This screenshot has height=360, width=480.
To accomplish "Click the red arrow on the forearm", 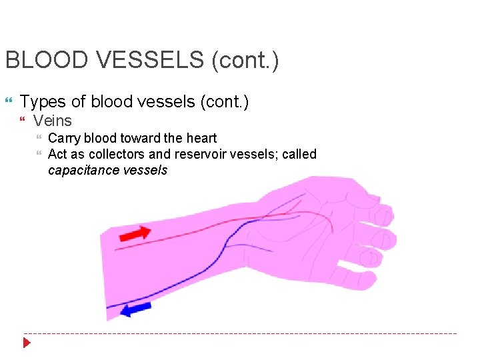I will click(x=135, y=233).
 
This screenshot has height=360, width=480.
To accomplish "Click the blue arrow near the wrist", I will click(x=137, y=309).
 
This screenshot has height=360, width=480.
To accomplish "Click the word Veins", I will click(x=52, y=121).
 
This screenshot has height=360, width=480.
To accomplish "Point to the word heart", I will click(x=201, y=139).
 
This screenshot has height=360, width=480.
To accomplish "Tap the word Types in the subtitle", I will click(x=43, y=101).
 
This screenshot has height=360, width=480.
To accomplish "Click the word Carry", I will click(x=63, y=139).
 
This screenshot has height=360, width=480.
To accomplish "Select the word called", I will click(x=299, y=154).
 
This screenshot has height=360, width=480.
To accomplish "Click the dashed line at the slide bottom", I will click(x=240, y=333).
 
